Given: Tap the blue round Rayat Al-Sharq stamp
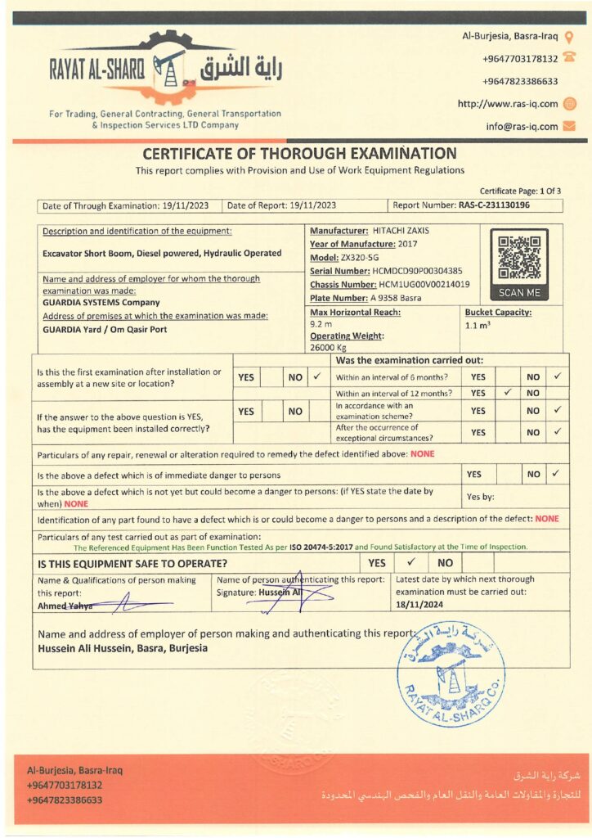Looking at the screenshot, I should (451, 673).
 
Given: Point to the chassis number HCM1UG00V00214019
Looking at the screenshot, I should (424, 284).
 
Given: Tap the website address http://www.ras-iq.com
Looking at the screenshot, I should (508, 104).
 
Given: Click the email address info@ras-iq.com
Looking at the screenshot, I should (522, 127).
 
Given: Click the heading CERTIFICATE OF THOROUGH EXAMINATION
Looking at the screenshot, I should (300, 153).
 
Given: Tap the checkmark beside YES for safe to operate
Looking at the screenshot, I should (411, 563).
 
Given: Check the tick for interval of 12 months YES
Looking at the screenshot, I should (507, 393).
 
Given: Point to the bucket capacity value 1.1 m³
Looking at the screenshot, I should (477, 325).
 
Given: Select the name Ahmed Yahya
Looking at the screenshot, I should (65, 606).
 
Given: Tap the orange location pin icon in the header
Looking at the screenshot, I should (570, 36).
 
